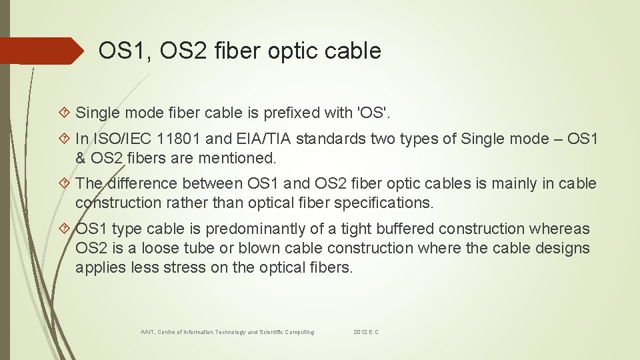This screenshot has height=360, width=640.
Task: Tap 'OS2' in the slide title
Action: tap(179, 51)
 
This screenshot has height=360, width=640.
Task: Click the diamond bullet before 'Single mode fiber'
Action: tap(65, 114)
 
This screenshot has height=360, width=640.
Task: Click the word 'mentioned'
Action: tap(237, 158)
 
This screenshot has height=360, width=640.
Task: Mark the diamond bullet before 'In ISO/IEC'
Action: tap(65, 139)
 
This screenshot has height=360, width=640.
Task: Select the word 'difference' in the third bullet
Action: tap(141, 183)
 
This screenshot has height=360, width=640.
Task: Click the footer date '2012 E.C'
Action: tap(366, 331)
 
